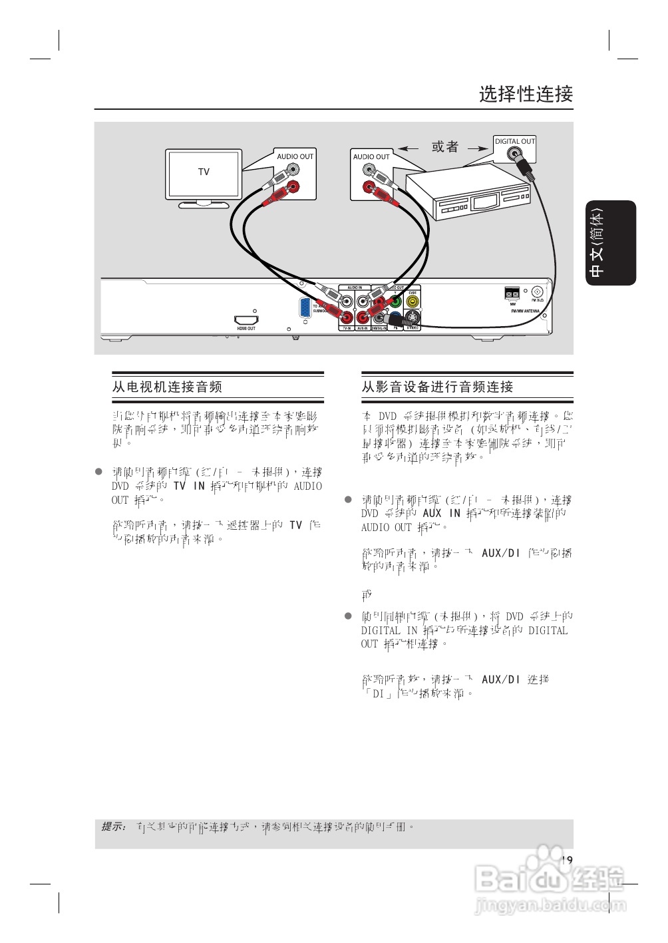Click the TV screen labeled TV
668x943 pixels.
(x=204, y=173)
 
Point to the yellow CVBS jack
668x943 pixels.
(x=413, y=301)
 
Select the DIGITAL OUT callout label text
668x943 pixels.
(x=514, y=141)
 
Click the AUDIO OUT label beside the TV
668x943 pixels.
(x=295, y=156)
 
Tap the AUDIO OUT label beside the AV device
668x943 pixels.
(x=371, y=156)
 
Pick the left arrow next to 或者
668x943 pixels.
(x=408, y=148)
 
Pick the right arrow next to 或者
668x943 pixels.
(x=478, y=148)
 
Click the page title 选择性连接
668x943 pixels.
(x=526, y=94)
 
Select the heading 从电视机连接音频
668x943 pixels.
(x=167, y=387)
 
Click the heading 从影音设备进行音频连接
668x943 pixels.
(x=437, y=387)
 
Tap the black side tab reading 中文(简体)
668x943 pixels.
(x=610, y=242)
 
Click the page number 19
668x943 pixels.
(x=566, y=860)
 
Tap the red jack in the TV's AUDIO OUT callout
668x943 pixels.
(x=292, y=187)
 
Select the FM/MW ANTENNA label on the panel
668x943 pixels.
(x=525, y=311)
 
